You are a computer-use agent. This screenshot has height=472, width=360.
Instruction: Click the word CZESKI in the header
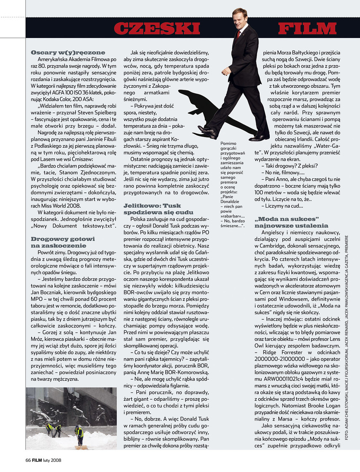(x=157, y=29)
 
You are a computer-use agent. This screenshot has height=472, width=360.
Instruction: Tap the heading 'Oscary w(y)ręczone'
(x=68, y=52)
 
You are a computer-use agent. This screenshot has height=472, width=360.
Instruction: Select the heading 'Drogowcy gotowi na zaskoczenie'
(x=59, y=242)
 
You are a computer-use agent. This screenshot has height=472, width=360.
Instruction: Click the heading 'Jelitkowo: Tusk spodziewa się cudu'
(x=158, y=209)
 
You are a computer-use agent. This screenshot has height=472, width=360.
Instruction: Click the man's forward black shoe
(x=207, y=132)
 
